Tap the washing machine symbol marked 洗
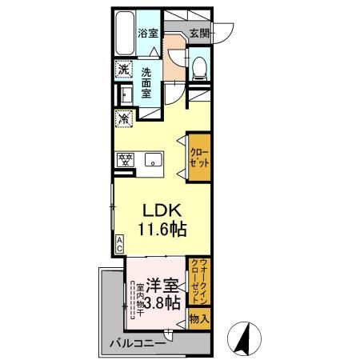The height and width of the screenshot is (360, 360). tap(124, 70)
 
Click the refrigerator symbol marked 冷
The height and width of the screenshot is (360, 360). tap(125, 119)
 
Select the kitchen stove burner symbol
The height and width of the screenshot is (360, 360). tap(125, 158)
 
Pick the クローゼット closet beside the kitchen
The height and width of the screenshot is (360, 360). tap(199, 151)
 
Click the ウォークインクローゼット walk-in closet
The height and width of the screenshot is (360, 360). tap(200, 281)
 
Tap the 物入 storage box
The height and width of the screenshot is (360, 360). tap(200, 319)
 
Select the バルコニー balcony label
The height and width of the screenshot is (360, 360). tap(139, 345)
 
